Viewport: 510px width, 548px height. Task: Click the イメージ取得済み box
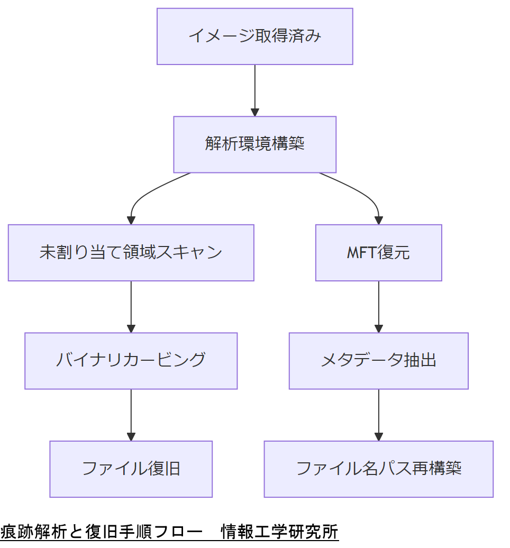(254, 36)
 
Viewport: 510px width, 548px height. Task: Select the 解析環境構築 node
(254, 144)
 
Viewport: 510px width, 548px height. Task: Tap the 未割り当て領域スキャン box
(131, 253)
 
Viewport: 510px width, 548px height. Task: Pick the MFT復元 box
(378, 253)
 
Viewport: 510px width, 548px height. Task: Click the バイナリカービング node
(131, 361)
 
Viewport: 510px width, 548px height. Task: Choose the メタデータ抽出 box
(378, 361)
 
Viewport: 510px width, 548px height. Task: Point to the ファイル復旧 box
(131, 469)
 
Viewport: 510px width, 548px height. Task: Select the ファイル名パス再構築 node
(378, 469)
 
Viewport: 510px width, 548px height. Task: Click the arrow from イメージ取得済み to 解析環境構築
(254, 90)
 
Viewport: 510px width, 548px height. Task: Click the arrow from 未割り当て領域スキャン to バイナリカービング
(131, 307)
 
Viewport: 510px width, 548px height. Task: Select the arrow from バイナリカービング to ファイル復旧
(131, 415)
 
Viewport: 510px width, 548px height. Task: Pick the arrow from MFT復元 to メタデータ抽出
(378, 307)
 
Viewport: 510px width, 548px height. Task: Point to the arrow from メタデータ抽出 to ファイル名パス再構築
(378, 415)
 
